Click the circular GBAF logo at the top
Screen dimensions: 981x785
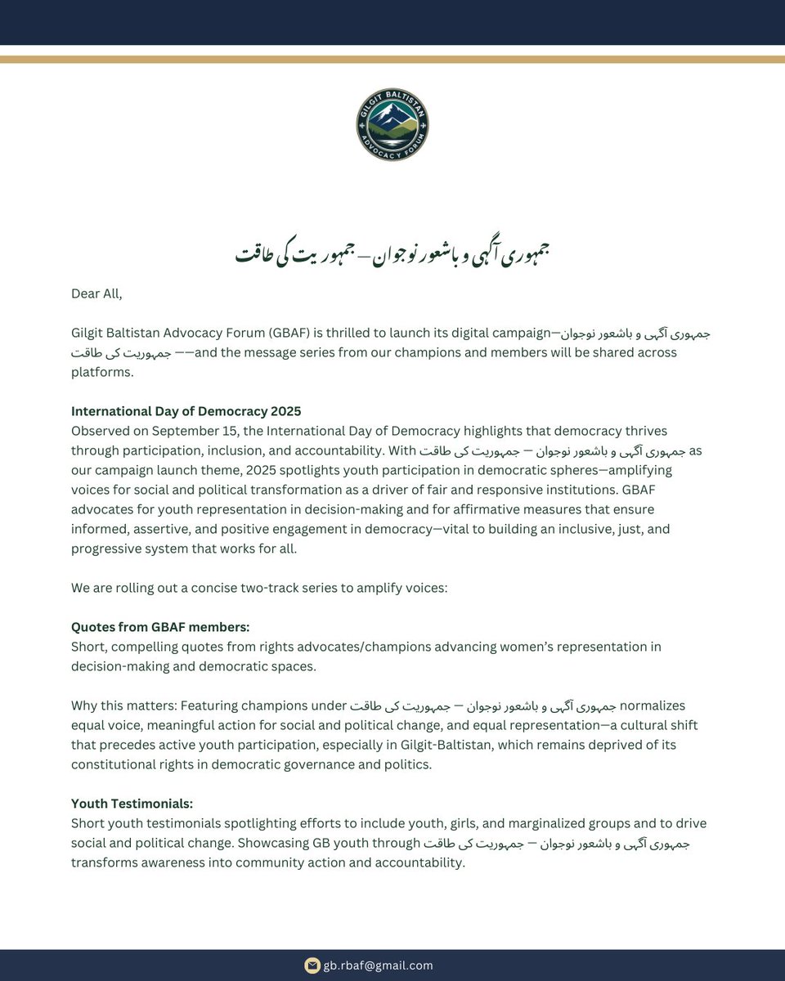click(392, 125)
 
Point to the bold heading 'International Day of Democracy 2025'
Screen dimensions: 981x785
click(186, 411)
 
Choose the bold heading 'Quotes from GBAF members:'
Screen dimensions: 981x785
click(160, 627)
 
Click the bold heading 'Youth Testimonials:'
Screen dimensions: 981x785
click(132, 804)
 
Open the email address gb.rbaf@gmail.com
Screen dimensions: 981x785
click(379, 965)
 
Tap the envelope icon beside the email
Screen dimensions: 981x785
click(312, 965)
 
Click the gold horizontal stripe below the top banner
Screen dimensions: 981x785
click(392, 59)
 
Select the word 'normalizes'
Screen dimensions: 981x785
click(653, 706)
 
